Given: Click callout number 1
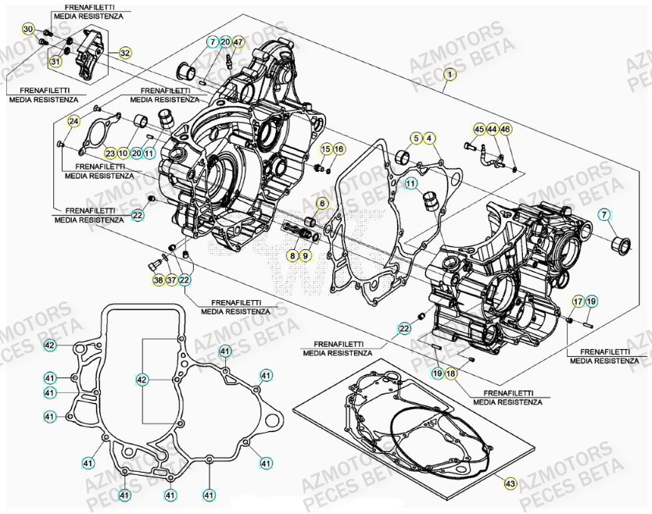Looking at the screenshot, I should (449, 75).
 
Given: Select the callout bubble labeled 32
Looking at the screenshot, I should (124, 54).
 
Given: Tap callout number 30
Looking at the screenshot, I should (28, 30).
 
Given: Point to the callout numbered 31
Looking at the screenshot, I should (56, 61).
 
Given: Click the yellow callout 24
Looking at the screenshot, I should (73, 121).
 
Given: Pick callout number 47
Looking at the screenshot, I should (238, 41).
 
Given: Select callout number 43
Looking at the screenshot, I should (510, 484).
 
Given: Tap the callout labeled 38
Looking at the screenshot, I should (158, 280).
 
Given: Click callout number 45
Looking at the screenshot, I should (478, 129).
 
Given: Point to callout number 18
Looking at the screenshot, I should (451, 374).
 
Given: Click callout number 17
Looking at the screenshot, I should (578, 301).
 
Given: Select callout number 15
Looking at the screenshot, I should (326, 148).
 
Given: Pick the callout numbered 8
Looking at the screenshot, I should (292, 255).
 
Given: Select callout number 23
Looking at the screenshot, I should (110, 153).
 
